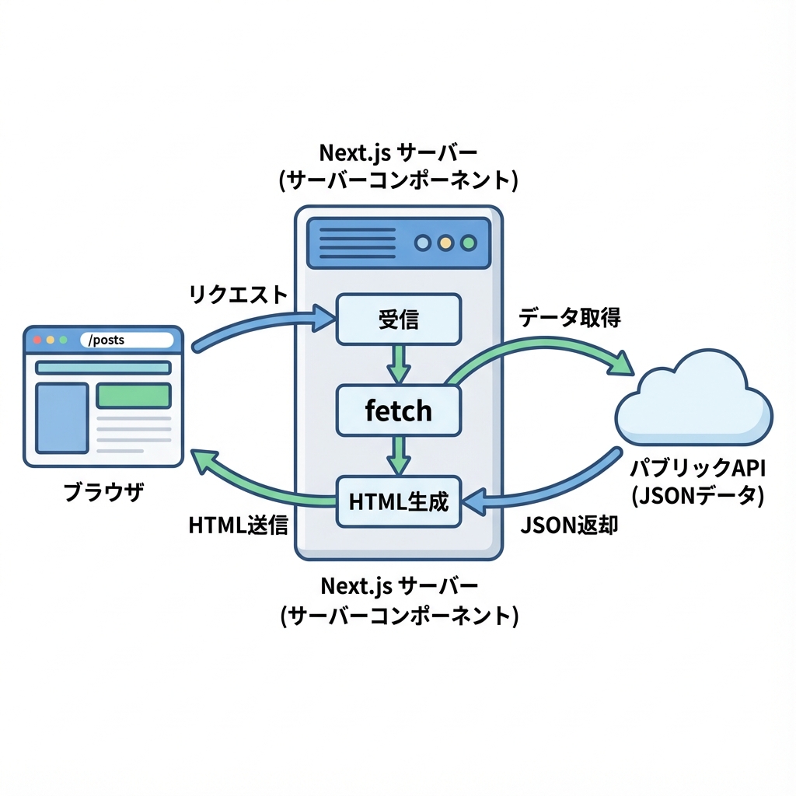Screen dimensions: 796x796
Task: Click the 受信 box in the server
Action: pos(398,319)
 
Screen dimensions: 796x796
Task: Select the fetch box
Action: pos(398,411)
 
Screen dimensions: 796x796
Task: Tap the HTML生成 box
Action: pos(398,501)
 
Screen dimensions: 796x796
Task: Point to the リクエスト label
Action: pos(238,295)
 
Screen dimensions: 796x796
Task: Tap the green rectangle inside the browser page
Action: pos(133,395)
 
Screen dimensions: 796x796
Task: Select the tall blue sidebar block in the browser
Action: pos(62,417)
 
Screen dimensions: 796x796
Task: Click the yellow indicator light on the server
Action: pos(445,243)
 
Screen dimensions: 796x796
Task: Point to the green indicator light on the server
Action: pos(468,243)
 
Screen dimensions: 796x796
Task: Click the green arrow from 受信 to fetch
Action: pos(398,362)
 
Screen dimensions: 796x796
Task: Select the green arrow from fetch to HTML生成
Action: pos(398,454)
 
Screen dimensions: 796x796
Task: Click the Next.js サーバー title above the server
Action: pos(398,151)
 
